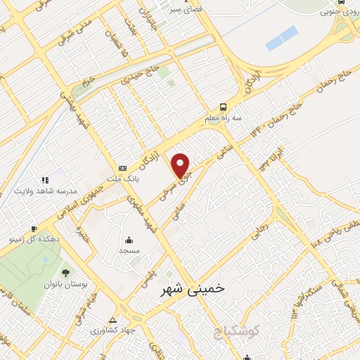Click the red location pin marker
181,166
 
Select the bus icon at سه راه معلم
223,107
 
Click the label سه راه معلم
223,118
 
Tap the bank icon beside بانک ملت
123,168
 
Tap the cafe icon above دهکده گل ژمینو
33,229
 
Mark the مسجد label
129,250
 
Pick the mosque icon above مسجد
129,239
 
